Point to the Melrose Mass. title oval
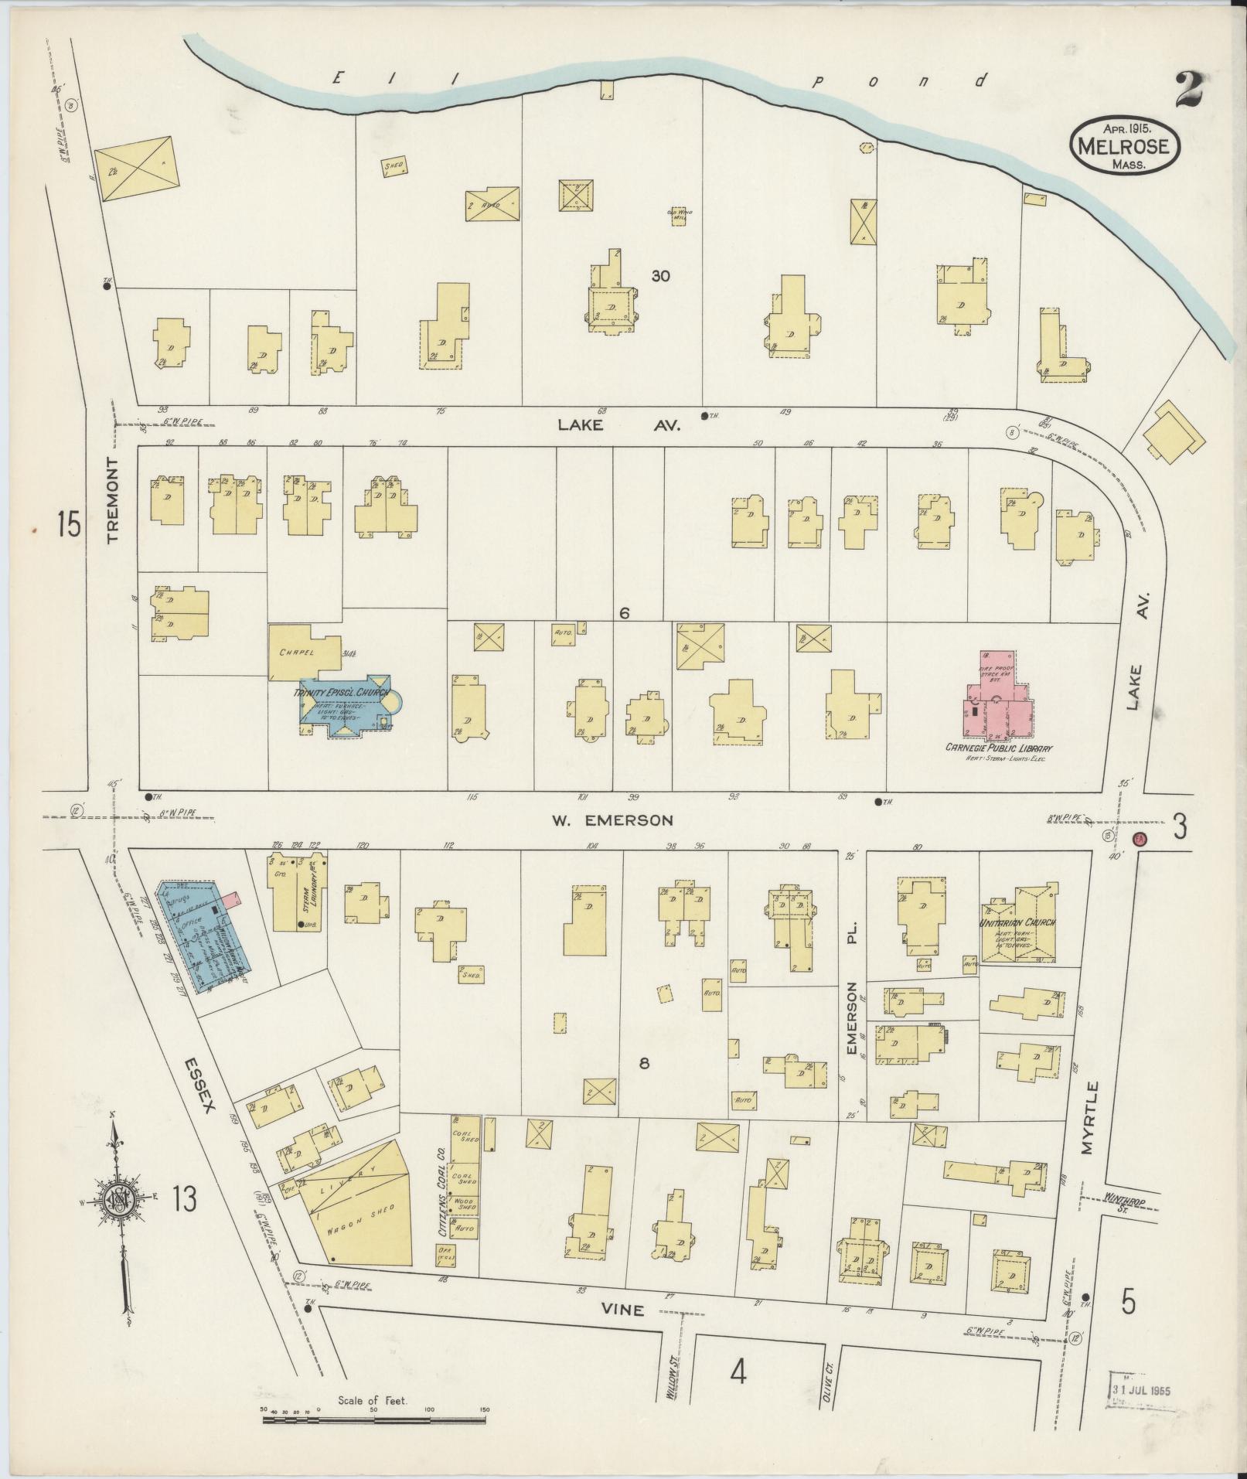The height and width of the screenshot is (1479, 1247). (1124, 145)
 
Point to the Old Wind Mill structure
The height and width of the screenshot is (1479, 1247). (678, 216)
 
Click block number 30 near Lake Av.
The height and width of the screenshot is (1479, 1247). (660, 275)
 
